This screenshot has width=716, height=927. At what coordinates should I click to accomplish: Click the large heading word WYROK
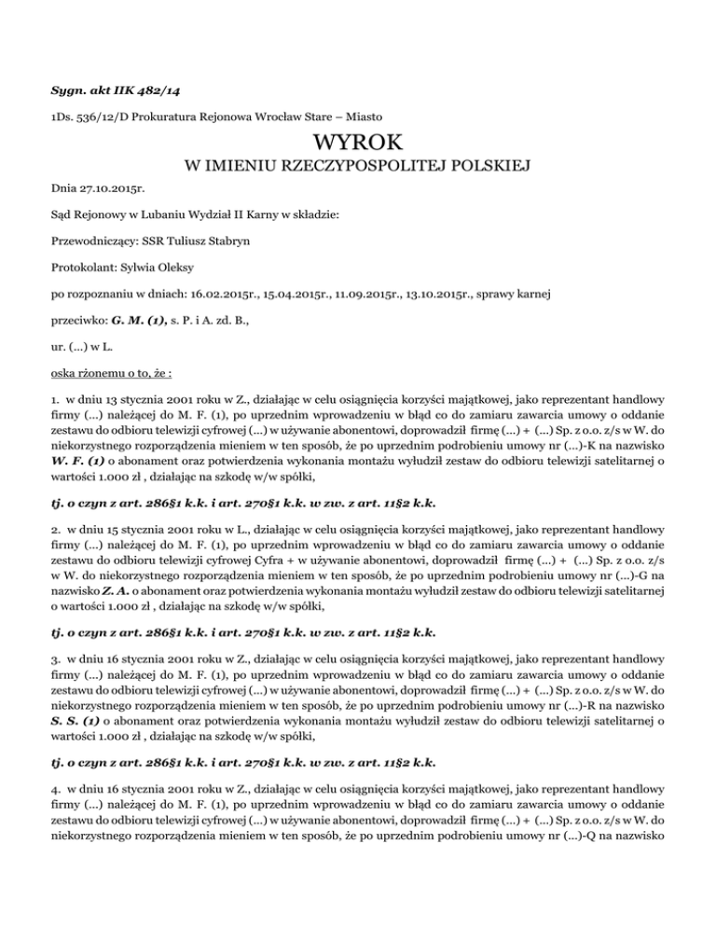pos(358,145)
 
